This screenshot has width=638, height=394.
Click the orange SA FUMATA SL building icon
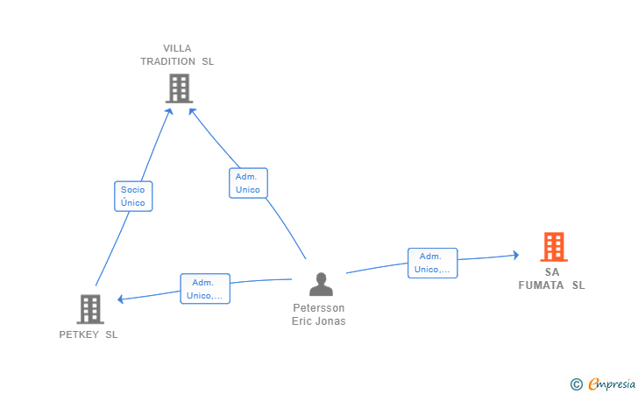(554, 247)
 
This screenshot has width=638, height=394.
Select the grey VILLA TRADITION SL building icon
(179, 88)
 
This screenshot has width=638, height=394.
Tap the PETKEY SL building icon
(90, 309)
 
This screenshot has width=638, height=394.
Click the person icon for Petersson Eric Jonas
(321, 284)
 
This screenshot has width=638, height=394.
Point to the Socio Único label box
(133, 196)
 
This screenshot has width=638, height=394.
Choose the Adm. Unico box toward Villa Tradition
(248, 183)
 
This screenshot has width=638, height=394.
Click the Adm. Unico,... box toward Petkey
(205, 289)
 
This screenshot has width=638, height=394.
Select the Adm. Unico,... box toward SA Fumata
(433, 263)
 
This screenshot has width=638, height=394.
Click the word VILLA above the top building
(177, 48)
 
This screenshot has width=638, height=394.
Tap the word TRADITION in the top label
(168, 61)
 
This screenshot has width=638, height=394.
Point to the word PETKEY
(79, 334)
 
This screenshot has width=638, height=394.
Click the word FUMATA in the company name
(541, 285)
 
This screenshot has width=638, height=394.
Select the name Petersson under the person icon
(319, 308)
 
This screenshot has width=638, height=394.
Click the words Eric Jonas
(319, 320)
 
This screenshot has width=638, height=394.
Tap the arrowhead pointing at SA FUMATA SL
(516, 255)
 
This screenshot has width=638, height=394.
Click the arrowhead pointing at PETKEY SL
(120, 299)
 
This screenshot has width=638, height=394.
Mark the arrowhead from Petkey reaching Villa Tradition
(169, 111)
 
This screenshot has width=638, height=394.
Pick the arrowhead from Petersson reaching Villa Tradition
(192, 111)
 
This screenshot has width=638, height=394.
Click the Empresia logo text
(612, 383)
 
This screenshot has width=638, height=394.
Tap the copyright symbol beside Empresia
(577, 384)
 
